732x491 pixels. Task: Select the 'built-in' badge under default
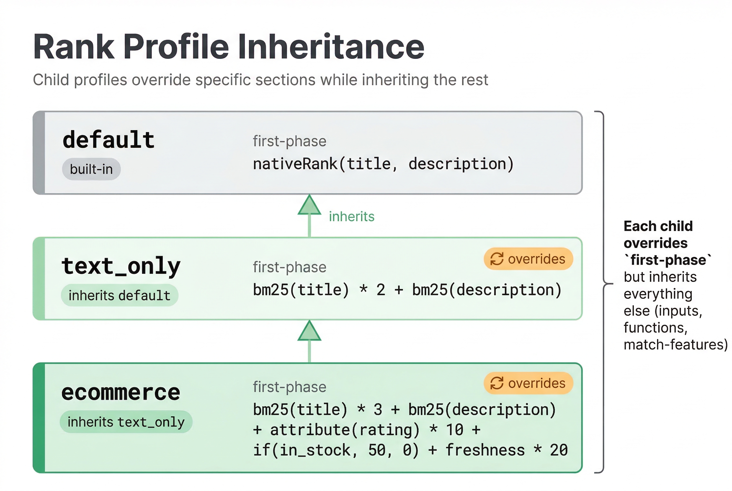click(x=91, y=169)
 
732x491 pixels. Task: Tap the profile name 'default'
click(x=108, y=140)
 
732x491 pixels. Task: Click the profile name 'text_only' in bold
click(x=121, y=266)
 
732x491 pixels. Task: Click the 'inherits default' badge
click(x=119, y=295)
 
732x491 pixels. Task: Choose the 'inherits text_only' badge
click(x=126, y=422)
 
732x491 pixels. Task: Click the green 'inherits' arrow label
click(x=352, y=217)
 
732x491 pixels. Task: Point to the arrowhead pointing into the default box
click(x=310, y=205)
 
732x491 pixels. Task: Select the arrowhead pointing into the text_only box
click(x=310, y=331)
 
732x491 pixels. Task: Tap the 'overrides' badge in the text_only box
click(x=528, y=259)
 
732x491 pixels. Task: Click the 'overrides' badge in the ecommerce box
click(x=528, y=383)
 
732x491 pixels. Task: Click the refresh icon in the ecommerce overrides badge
click(x=497, y=383)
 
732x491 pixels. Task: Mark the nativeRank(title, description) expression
click(x=383, y=164)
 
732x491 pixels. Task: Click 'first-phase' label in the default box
click(x=290, y=141)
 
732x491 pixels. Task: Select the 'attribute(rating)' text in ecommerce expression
click(x=344, y=430)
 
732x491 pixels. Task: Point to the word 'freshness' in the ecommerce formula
click(x=485, y=450)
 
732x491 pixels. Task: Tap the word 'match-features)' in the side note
click(x=675, y=345)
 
